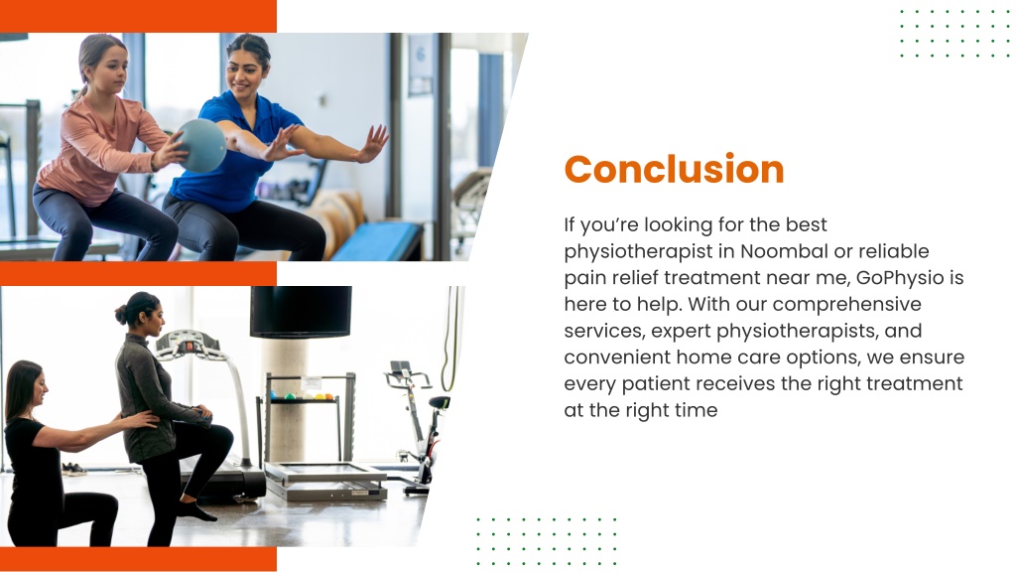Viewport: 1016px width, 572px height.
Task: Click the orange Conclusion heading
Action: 674,169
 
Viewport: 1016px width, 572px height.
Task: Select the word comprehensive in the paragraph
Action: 847,305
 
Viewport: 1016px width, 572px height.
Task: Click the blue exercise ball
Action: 201,145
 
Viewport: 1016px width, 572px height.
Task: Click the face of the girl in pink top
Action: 110,69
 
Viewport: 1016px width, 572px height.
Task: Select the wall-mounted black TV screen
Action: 301,312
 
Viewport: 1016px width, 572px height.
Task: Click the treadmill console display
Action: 188,343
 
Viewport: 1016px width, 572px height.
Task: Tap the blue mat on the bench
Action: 376,241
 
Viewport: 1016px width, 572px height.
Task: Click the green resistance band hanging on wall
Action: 453,339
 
